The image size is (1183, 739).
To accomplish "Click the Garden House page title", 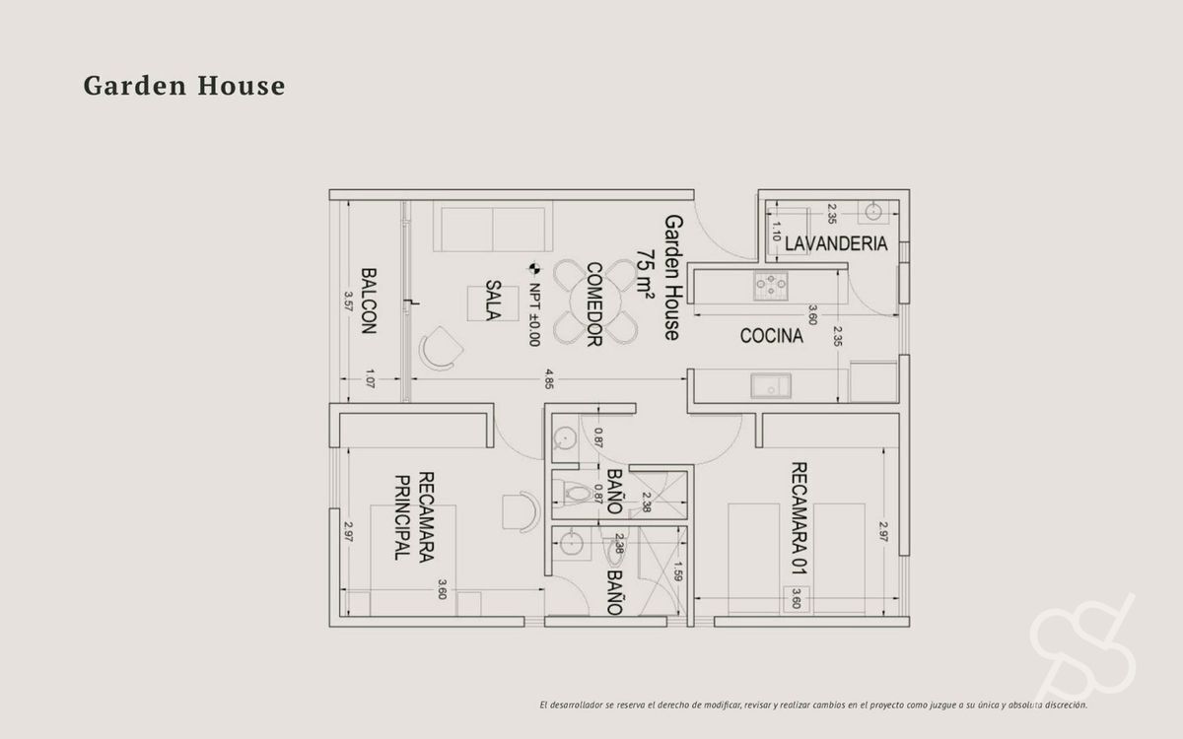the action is click(x=184, y=86).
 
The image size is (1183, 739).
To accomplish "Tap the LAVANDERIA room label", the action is click(x=836, y=244).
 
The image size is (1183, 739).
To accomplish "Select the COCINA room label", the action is click(x=771, y=336).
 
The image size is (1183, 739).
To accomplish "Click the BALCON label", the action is click(x=369, y=301).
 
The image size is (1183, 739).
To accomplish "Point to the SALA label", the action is click(x=493, y=301).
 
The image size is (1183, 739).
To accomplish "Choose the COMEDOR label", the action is click(x=594, y=304).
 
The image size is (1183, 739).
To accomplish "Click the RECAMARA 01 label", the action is click(x=800, y=518).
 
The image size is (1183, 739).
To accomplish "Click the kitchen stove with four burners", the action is click(x=771, y=286).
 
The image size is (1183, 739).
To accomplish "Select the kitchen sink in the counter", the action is click(x=771, y=385).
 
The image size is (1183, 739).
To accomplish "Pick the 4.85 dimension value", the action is click(x=549, y=379).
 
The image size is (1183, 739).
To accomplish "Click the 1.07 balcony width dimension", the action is click(x=370, y=378).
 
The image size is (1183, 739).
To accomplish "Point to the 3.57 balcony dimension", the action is click(x=348, y=302).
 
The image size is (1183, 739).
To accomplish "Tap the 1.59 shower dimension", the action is click(x=678, y=571).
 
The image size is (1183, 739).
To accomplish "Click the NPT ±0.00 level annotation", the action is click(x=534, y=314).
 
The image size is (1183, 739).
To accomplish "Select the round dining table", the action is click(x=595, y=302).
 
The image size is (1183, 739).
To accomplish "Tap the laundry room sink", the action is click(x=873, y=212).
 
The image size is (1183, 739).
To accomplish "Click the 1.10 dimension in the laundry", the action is click(x=776, y=232).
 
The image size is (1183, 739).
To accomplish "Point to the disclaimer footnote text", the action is click(x=813, y=705).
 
